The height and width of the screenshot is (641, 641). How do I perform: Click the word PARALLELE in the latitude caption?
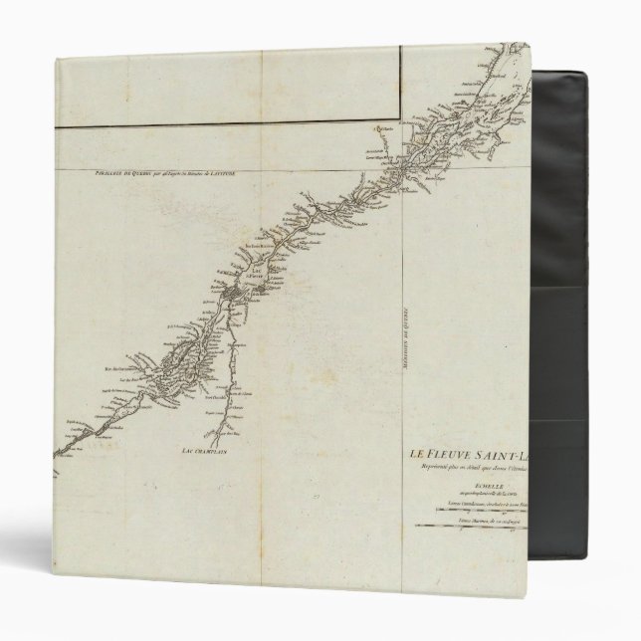[104, 172]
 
